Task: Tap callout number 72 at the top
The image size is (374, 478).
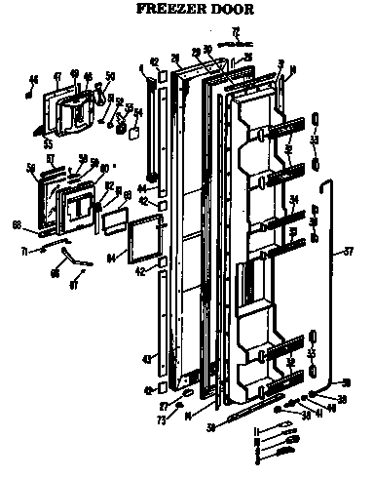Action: [x=233, y=32]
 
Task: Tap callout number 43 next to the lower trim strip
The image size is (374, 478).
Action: [x=147, y=359]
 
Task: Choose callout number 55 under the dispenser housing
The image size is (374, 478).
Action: [x=44, y=141]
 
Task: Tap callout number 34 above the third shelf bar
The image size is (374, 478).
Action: [x=292, y=202]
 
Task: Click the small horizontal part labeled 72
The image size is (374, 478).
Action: [x=235, y=43]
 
